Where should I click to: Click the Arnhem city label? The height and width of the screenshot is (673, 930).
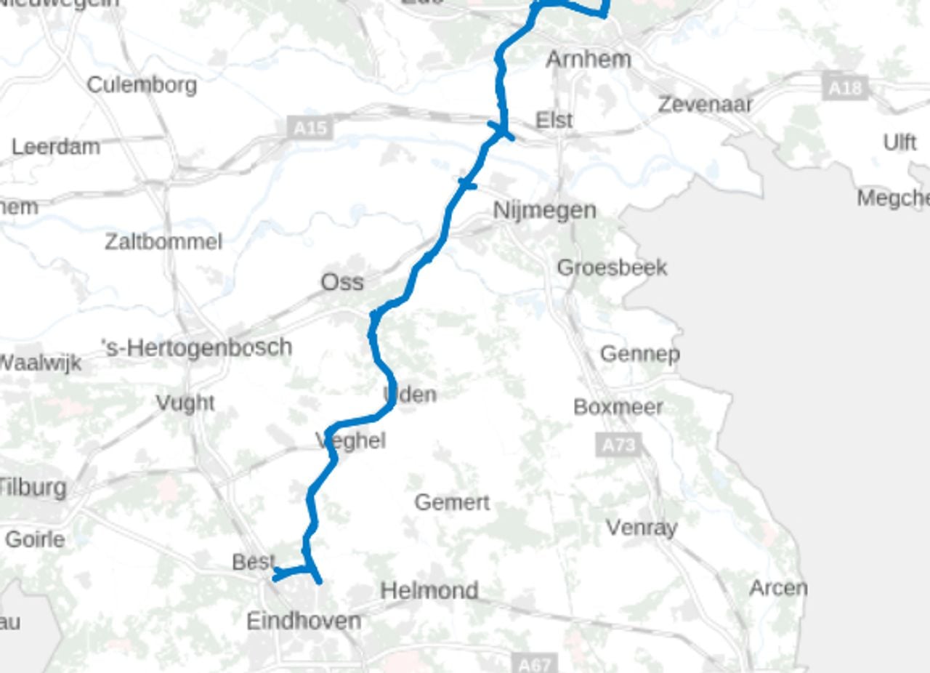click(x=588, y=59)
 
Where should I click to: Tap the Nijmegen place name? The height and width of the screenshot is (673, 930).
click(x=544, y=210)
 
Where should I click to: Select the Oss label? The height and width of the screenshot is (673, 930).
click(x=342, y=282)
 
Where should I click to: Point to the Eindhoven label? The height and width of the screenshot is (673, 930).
click(x=304, y=621)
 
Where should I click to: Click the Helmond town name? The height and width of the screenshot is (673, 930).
click(x=429, y=590)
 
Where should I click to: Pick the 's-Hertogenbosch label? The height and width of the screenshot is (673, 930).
click(x=197, y=347)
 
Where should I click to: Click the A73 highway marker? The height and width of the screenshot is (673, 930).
click(x=618, y=444)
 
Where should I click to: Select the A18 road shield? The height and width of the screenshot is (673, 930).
click(x=846, y=88)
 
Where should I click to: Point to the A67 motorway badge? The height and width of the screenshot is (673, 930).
click(x=535, y=664)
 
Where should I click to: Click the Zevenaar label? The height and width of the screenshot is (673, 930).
click(x=705, y=105)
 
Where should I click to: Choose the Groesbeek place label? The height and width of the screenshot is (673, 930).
click(x=612, y=267)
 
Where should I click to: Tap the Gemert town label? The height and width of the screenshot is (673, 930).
click(x=452, y=502)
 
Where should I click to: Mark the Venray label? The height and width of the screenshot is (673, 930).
click(x=642, y=528)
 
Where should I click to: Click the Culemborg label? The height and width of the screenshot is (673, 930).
click(x=142, y=85)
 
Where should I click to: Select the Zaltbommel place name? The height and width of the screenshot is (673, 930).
click(x=163, y=241)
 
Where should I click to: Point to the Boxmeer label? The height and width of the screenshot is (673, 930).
click(x=618, y=407)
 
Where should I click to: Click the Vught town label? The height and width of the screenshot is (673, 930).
click(x=185, y=403)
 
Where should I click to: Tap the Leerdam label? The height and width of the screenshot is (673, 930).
click(x=56, y=147)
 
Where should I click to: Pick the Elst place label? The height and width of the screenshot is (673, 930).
click(x=554, y=120)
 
